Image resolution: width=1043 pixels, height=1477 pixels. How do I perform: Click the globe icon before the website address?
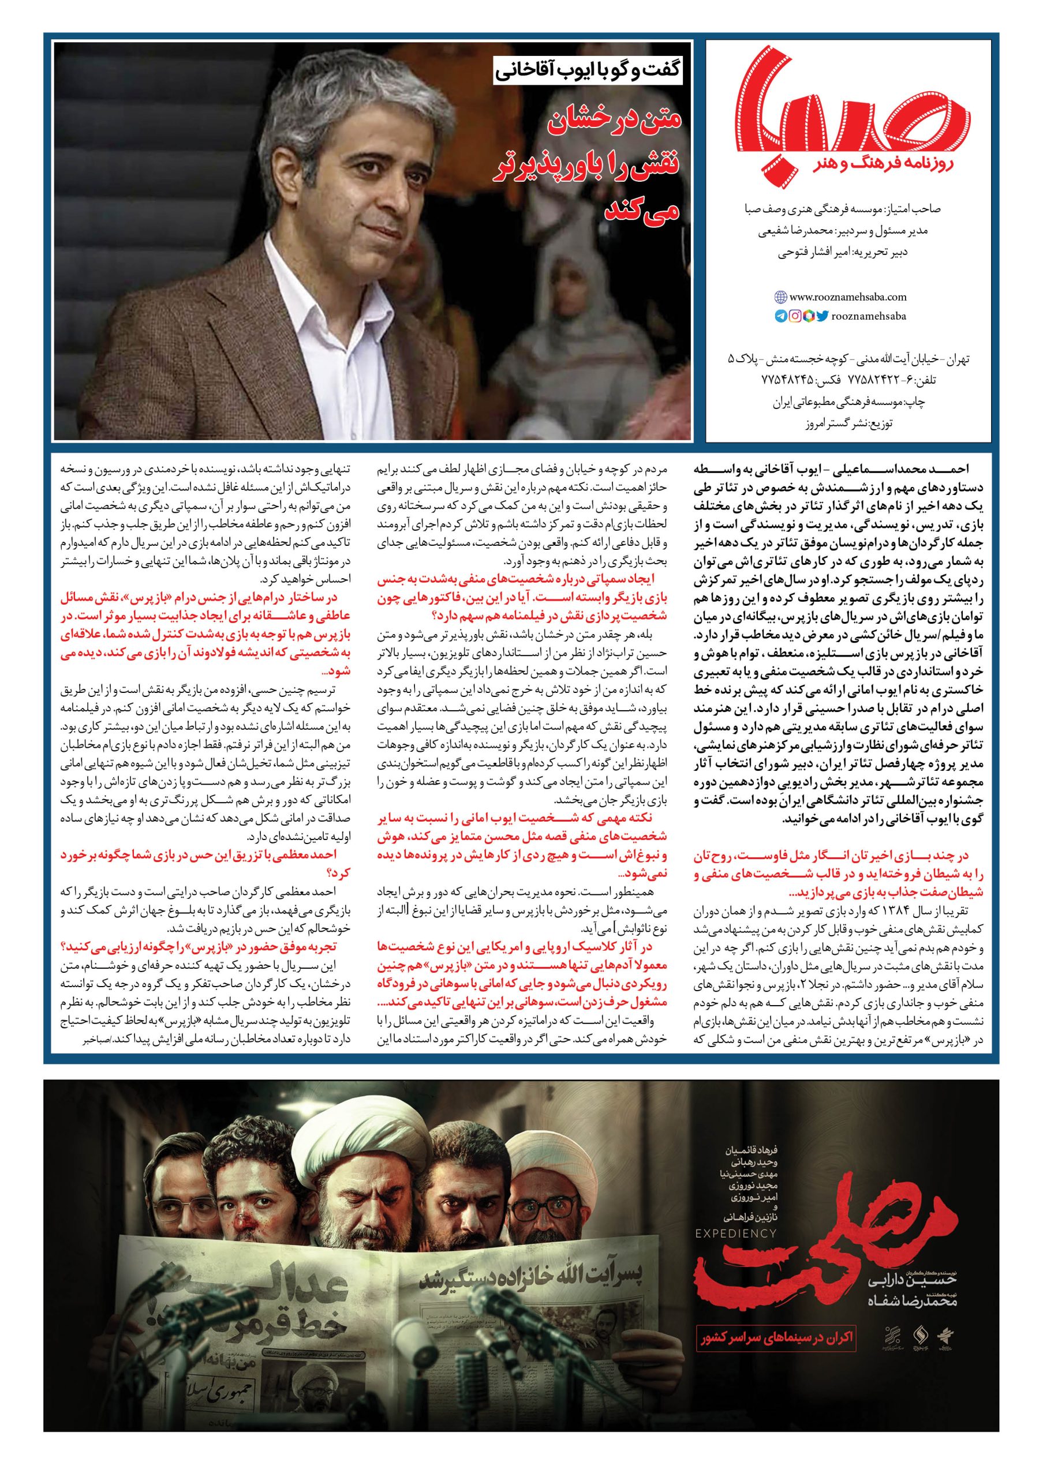780,297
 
